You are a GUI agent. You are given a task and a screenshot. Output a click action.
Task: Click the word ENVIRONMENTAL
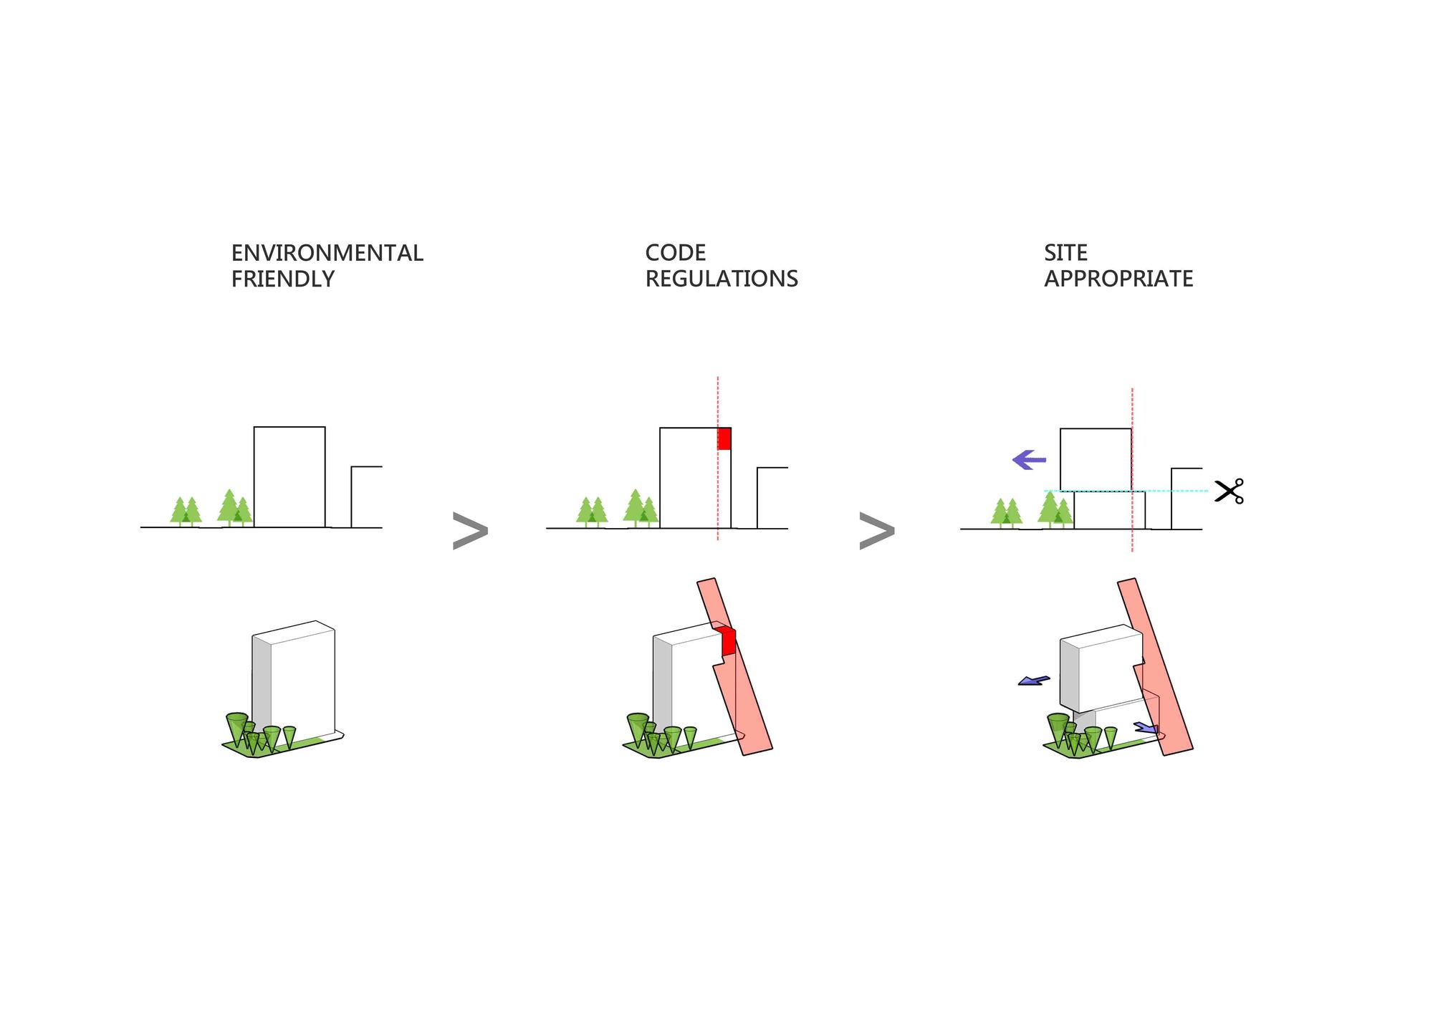pyautogui.click(x=327, y=253)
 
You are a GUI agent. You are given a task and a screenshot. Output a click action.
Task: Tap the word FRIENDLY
pyautogui.click(x=283, y=279)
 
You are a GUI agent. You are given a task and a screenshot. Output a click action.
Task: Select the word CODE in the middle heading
pyautogui.click(x=676, y=253)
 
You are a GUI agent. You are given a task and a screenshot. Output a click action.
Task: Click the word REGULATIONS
pyautogui.click(x=722, y=279)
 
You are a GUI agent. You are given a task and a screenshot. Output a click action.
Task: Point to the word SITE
pyautogui.click(x=1065, y=253)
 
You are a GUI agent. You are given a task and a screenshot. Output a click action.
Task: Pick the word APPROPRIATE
pyautogui.click(x=1118, y=279)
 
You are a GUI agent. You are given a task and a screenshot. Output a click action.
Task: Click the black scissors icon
pyautogui.click(x=1230, y=491)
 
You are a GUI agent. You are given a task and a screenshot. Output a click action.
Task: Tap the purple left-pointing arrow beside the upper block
pyautogui.click(x=1029, y=459)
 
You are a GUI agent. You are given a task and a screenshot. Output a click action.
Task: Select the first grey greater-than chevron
pyautogui.click(x=471, y=531)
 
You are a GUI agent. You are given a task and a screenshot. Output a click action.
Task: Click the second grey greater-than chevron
pyautogui.click(x=877, y=531)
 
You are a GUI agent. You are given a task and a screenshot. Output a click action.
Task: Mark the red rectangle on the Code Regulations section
pyautogui.click(x=724, y=438)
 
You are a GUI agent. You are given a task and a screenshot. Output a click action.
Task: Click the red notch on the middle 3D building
pyautogui.click(x=727, y=640)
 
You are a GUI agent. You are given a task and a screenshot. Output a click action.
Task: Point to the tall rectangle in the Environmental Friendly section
pyautogui.click(x=289, y=477)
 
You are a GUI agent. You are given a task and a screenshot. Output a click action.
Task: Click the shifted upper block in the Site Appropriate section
pyautogui.click(x=1096, y=460)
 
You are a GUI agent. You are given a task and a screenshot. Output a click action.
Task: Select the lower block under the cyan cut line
pyautogui.click(x=1109, y=510)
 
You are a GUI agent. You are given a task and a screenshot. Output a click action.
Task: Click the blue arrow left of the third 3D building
pyautogui.click(x=1034, y=681)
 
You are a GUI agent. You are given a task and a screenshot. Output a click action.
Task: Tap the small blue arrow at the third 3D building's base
pyautogui.click(x=1146, y=728)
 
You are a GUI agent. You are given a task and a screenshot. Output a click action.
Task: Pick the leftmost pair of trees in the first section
pyautogui.click(x=186, y=512)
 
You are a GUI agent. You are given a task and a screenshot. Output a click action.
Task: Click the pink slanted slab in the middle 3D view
pyautogui.click(x=734, y=666)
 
